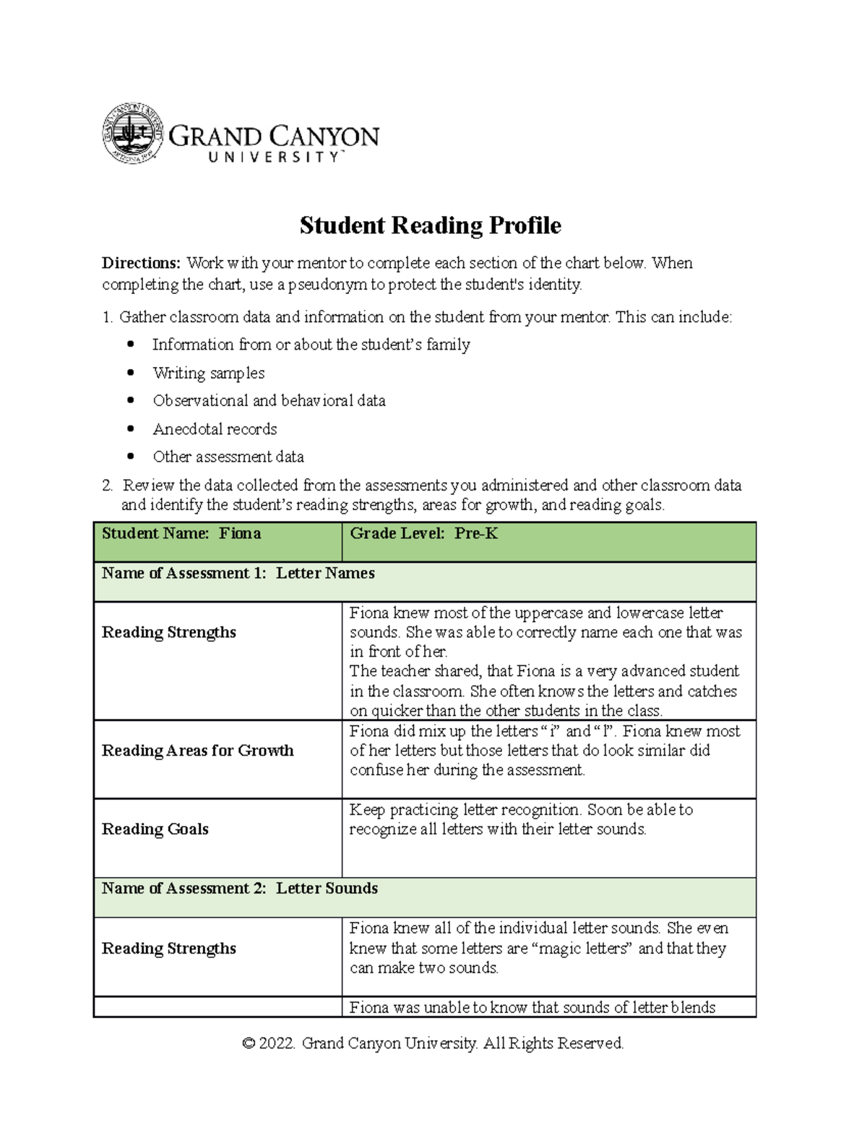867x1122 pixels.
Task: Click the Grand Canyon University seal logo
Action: [132, 134]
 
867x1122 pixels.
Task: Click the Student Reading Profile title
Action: [430, 225]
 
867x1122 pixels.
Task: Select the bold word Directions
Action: [140, 263]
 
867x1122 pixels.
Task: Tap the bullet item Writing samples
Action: [208, 373]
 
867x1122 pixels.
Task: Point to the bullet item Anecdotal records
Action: [215, 429]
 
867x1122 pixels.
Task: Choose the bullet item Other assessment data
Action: [228, 457]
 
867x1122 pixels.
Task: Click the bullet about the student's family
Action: [311, 345]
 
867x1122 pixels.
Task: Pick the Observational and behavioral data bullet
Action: [269, 400]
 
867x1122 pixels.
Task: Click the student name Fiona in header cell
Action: [240, 534]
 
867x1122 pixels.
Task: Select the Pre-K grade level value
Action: [476, 534]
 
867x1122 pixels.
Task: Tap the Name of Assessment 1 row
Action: [238, 574]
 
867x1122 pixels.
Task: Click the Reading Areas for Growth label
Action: [197, 751]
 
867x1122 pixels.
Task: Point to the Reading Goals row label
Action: [155, 829]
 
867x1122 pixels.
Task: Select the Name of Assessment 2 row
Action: [240, 889]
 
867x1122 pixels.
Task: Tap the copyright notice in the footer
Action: [433, 1043]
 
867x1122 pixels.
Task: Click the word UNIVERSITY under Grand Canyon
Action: [275, 157]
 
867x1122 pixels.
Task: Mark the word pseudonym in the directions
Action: [327, 285]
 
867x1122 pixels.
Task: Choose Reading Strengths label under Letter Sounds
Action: [168, 949]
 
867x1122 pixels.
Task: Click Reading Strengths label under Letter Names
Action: [168, 632]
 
